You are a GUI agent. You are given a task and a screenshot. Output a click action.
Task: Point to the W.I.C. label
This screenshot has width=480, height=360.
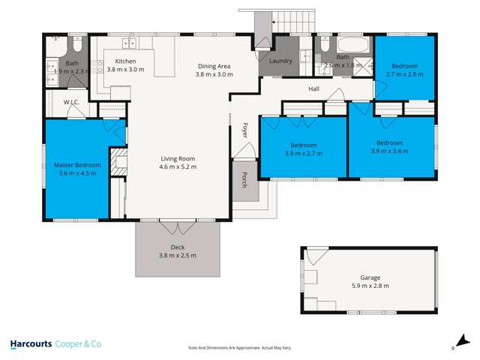pyautogui.click(x=72, y=103)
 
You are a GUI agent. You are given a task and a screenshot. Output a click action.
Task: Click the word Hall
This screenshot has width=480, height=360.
pyautogui.click(x=314, y=89)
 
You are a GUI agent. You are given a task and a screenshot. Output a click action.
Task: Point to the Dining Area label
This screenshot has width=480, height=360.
pyautogui.click(x=214, y=66)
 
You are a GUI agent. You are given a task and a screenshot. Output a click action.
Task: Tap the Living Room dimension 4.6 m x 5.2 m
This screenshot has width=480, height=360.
pyautogui.click(x=178, y=166)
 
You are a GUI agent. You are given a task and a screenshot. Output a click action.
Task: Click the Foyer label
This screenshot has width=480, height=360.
pyautogui.click(x=244, y=130)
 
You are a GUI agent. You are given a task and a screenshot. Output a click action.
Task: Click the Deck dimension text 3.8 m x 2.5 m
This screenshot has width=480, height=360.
pyautogui.click(x=178, y=256)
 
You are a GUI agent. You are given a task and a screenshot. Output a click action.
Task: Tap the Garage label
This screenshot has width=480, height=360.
pyautogui.click(x=370, y=276)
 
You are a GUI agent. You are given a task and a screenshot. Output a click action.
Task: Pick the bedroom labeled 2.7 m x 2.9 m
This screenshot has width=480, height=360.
pyautogui.click(x=405, y=70)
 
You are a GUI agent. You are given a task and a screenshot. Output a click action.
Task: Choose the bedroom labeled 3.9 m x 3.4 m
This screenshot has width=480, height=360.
pyautogui.click(x=390, y=147)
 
